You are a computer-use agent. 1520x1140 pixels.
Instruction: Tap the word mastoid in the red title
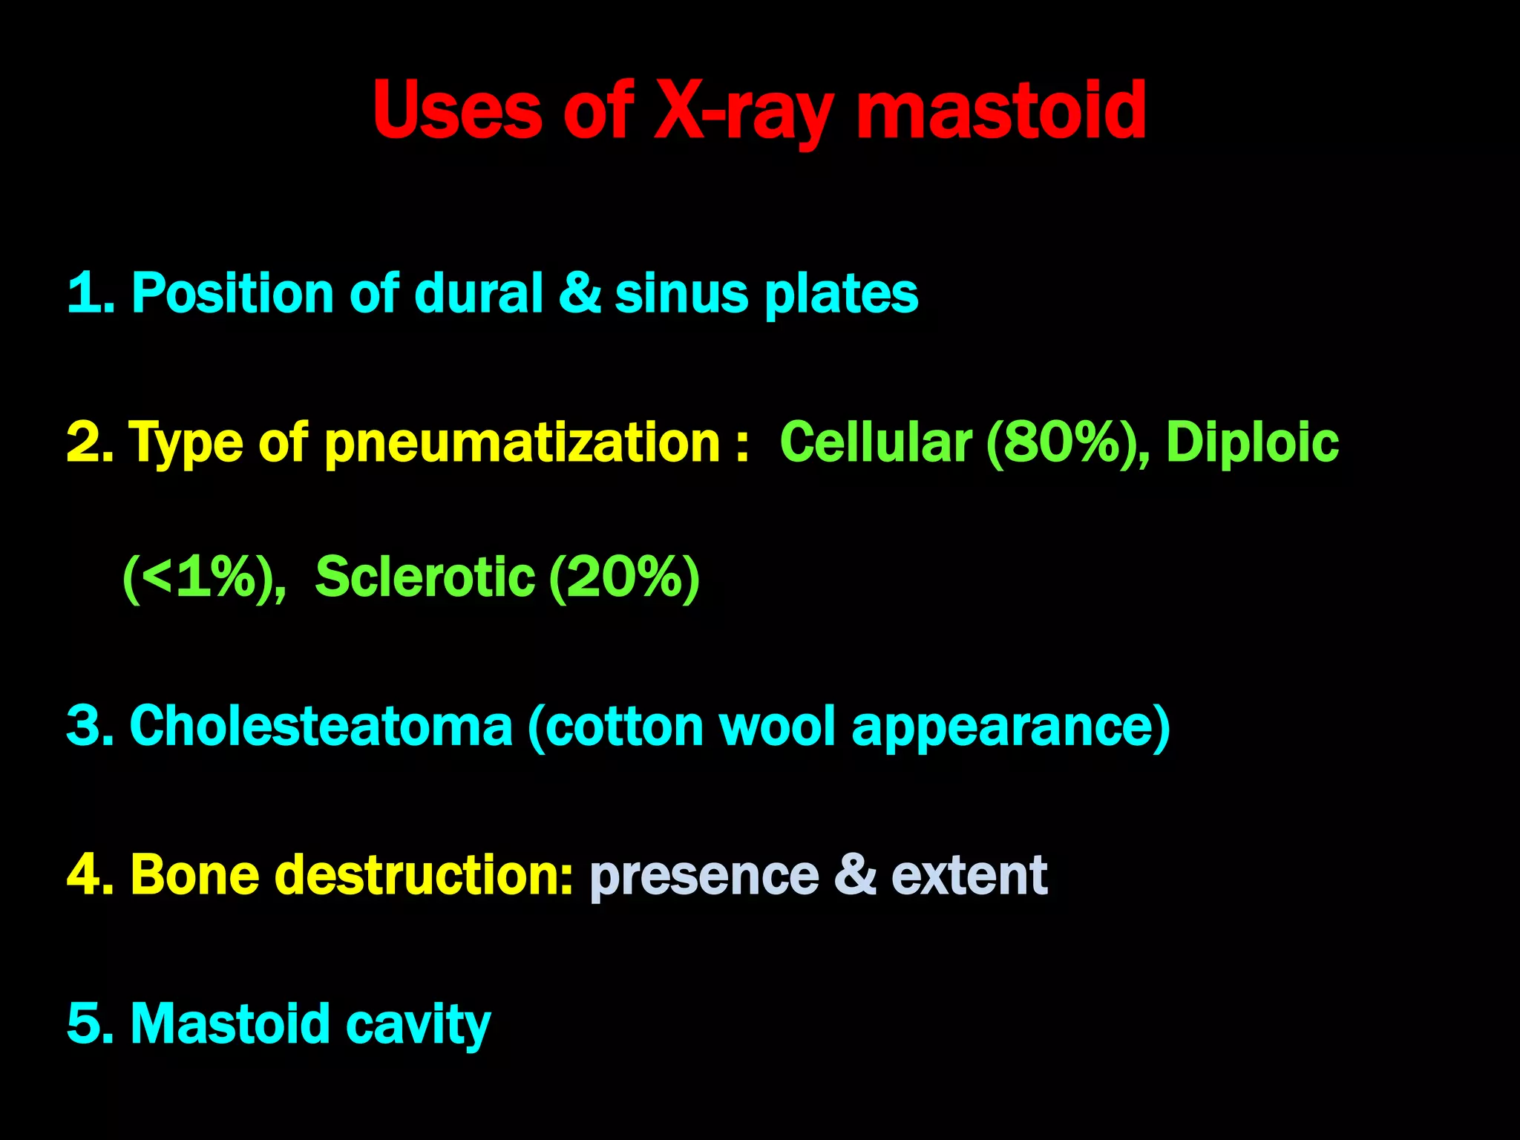pos(1001,111)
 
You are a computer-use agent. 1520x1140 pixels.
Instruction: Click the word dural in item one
pos(478,293)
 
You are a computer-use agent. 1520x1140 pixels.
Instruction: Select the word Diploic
pos(1252,442)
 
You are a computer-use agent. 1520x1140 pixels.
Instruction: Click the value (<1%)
pos(204,577)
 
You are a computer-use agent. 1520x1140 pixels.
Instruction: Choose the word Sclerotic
pos(425,577)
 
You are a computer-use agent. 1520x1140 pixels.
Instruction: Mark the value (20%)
pos(624,577)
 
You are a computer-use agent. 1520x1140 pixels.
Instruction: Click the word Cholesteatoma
pos(321,726)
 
